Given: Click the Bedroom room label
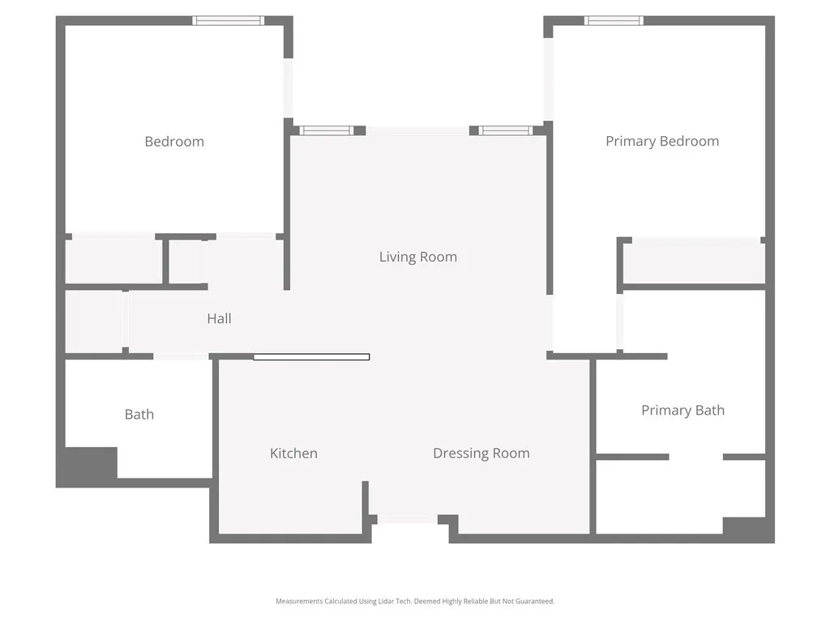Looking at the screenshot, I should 174,142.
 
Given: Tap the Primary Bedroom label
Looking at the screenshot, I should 662,141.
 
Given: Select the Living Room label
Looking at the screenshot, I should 418,257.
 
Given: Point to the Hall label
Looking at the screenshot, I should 219,318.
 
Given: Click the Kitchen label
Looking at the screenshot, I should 293,454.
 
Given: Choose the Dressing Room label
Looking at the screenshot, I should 481,454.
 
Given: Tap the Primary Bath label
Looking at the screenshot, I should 682,411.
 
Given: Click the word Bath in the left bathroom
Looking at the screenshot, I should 139,415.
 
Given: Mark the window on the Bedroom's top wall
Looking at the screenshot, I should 229,20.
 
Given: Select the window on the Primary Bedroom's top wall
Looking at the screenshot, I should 614,20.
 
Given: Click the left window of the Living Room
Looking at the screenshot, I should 327,130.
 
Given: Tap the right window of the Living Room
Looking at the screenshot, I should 506,130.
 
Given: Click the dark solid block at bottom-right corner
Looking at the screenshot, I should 747,528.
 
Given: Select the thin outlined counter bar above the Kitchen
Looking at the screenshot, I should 311,357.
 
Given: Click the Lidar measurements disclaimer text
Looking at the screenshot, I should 415,601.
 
